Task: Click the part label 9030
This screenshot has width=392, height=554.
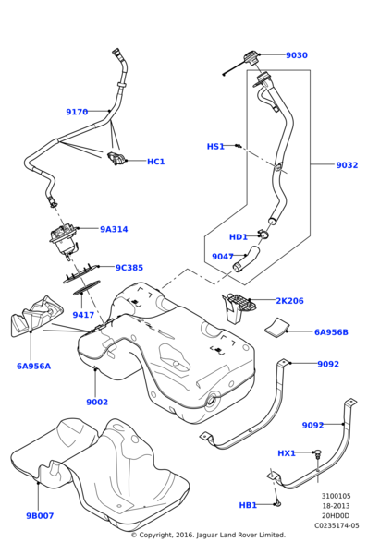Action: (297, 55)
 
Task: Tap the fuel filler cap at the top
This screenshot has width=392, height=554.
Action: (251, 57)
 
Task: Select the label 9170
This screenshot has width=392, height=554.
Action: (77, 112)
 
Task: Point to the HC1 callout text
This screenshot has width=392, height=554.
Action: (155, 162)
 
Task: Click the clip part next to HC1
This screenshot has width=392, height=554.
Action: (116, 158)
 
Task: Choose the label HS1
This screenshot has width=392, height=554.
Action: (215, 146)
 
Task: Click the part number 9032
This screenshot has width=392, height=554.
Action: (347, 165)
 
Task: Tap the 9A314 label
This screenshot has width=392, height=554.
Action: (114, 229)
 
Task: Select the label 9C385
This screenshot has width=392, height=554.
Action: (129, 268)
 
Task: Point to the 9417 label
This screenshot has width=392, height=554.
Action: (83, 315)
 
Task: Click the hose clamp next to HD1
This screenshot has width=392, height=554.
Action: (263, 234)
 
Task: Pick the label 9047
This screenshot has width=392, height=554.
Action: (223, 257)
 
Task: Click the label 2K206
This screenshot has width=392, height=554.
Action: (289, 301)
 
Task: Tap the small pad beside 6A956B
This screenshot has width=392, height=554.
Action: (277, 326)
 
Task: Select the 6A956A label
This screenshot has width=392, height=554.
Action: (33, 366)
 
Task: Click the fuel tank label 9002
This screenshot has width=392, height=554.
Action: (97, 402)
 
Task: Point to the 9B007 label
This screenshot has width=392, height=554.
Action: (40, 516)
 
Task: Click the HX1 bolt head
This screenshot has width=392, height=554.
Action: (318, 452)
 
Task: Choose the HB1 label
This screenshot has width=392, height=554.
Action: (248, 505)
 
